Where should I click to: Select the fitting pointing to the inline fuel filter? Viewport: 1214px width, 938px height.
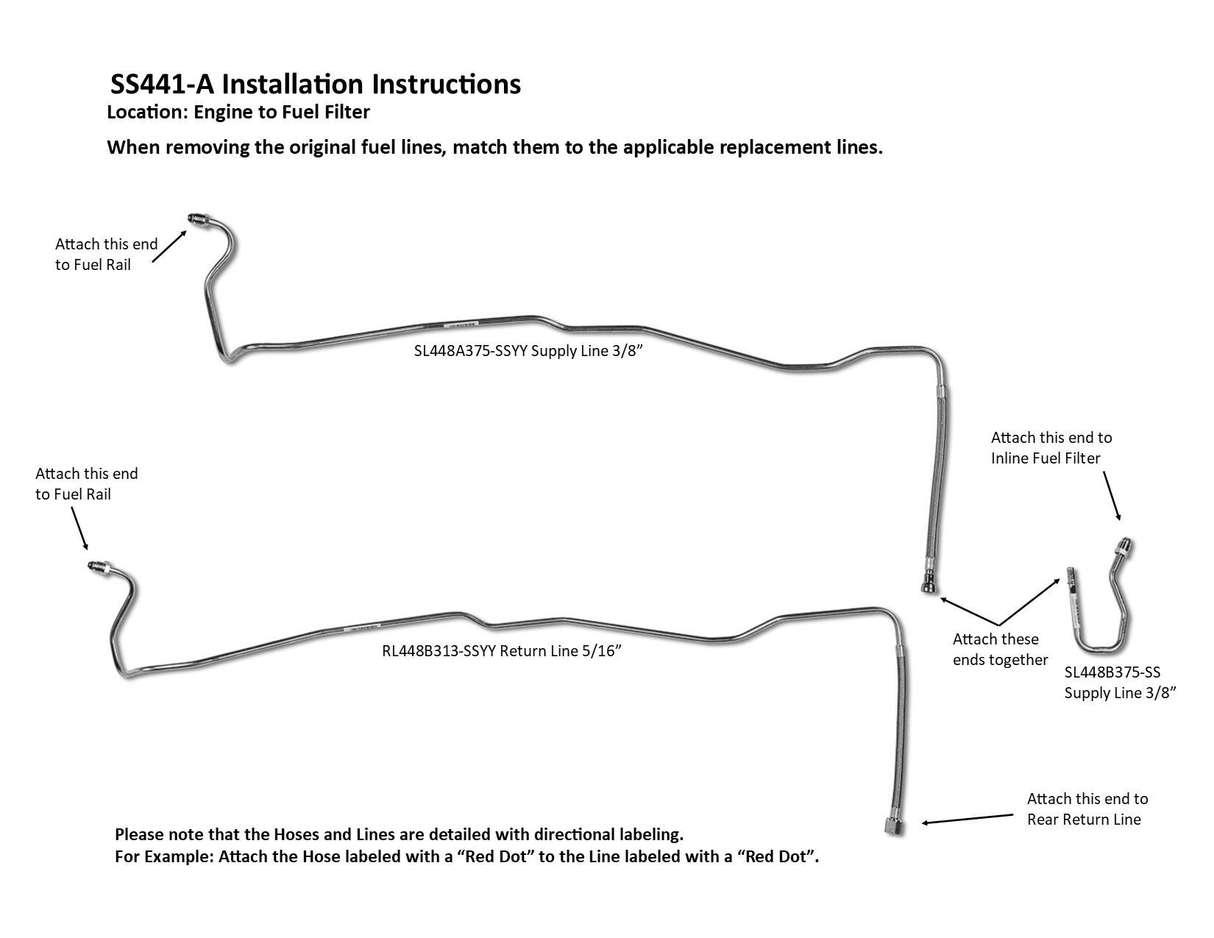coord(1124,547)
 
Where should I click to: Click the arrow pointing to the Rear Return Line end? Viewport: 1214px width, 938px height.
coord(967,819)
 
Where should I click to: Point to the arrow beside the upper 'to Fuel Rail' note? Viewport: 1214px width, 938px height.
coord(171,245)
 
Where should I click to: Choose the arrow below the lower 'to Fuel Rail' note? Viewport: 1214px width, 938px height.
coord(79,528)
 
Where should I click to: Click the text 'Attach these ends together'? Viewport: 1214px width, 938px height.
coord(1000,649)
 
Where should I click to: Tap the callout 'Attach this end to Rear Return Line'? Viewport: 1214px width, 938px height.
coord(1087,809)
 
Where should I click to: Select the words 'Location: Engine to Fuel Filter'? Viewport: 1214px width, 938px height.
coord(238,113)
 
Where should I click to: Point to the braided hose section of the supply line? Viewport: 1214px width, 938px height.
coord(936,478)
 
